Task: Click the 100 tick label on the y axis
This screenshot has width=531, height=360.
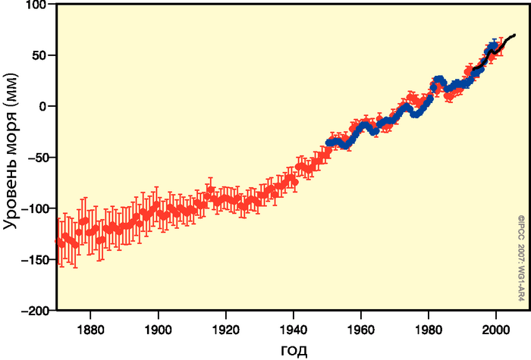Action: click(x=36, y=5)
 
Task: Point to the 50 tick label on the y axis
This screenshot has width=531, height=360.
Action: click(x=39, y=55)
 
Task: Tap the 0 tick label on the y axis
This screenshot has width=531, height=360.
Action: click(x=43, y=107)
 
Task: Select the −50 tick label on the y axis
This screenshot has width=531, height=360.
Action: click(x=36, y=158)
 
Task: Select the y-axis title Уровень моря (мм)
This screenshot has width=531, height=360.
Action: click(x=11, y=158)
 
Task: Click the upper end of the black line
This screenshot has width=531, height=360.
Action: click(x=515, y=35)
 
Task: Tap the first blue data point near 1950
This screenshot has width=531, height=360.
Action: click(x=328, y=142)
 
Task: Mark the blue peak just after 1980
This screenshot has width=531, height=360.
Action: click(x=439, y=80)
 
